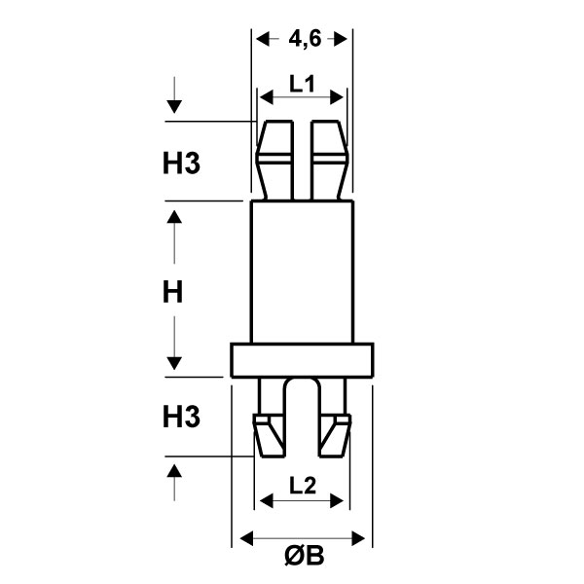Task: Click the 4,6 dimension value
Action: point(305,39)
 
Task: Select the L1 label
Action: point(302,84)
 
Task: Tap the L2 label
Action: point(302,486)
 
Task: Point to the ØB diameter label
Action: point(305,556)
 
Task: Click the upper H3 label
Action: point(181,164)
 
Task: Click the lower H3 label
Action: point(181,417)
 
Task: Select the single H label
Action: point(173,292)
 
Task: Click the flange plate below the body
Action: point(302,360)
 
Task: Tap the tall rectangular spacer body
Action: point(302,272)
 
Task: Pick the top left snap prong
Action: point(274,161)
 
